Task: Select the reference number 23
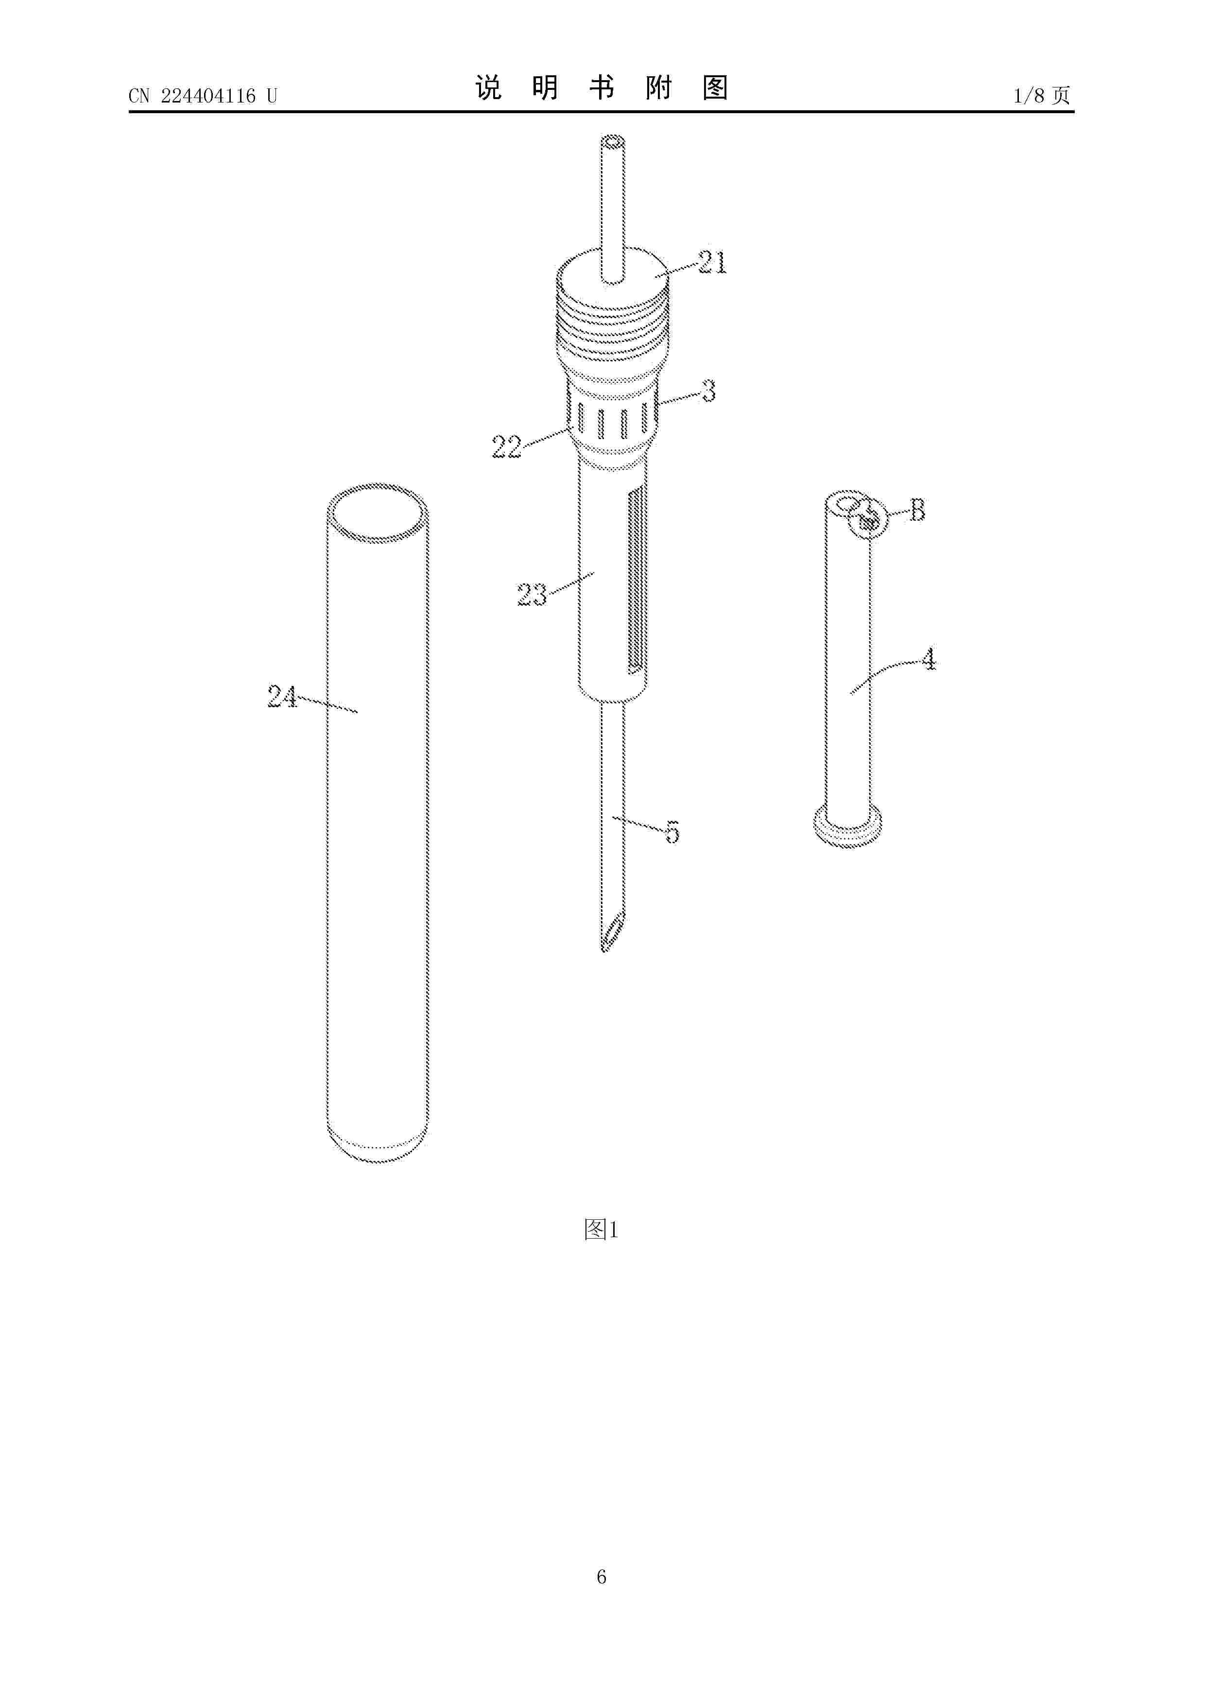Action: click(532, 595)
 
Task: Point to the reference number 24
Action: click(282, 696)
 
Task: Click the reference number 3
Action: click(709, 391)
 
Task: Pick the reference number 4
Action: click(929, 659)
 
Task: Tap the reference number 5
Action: click(672, 831)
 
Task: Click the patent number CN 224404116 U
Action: click(203, 96)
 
